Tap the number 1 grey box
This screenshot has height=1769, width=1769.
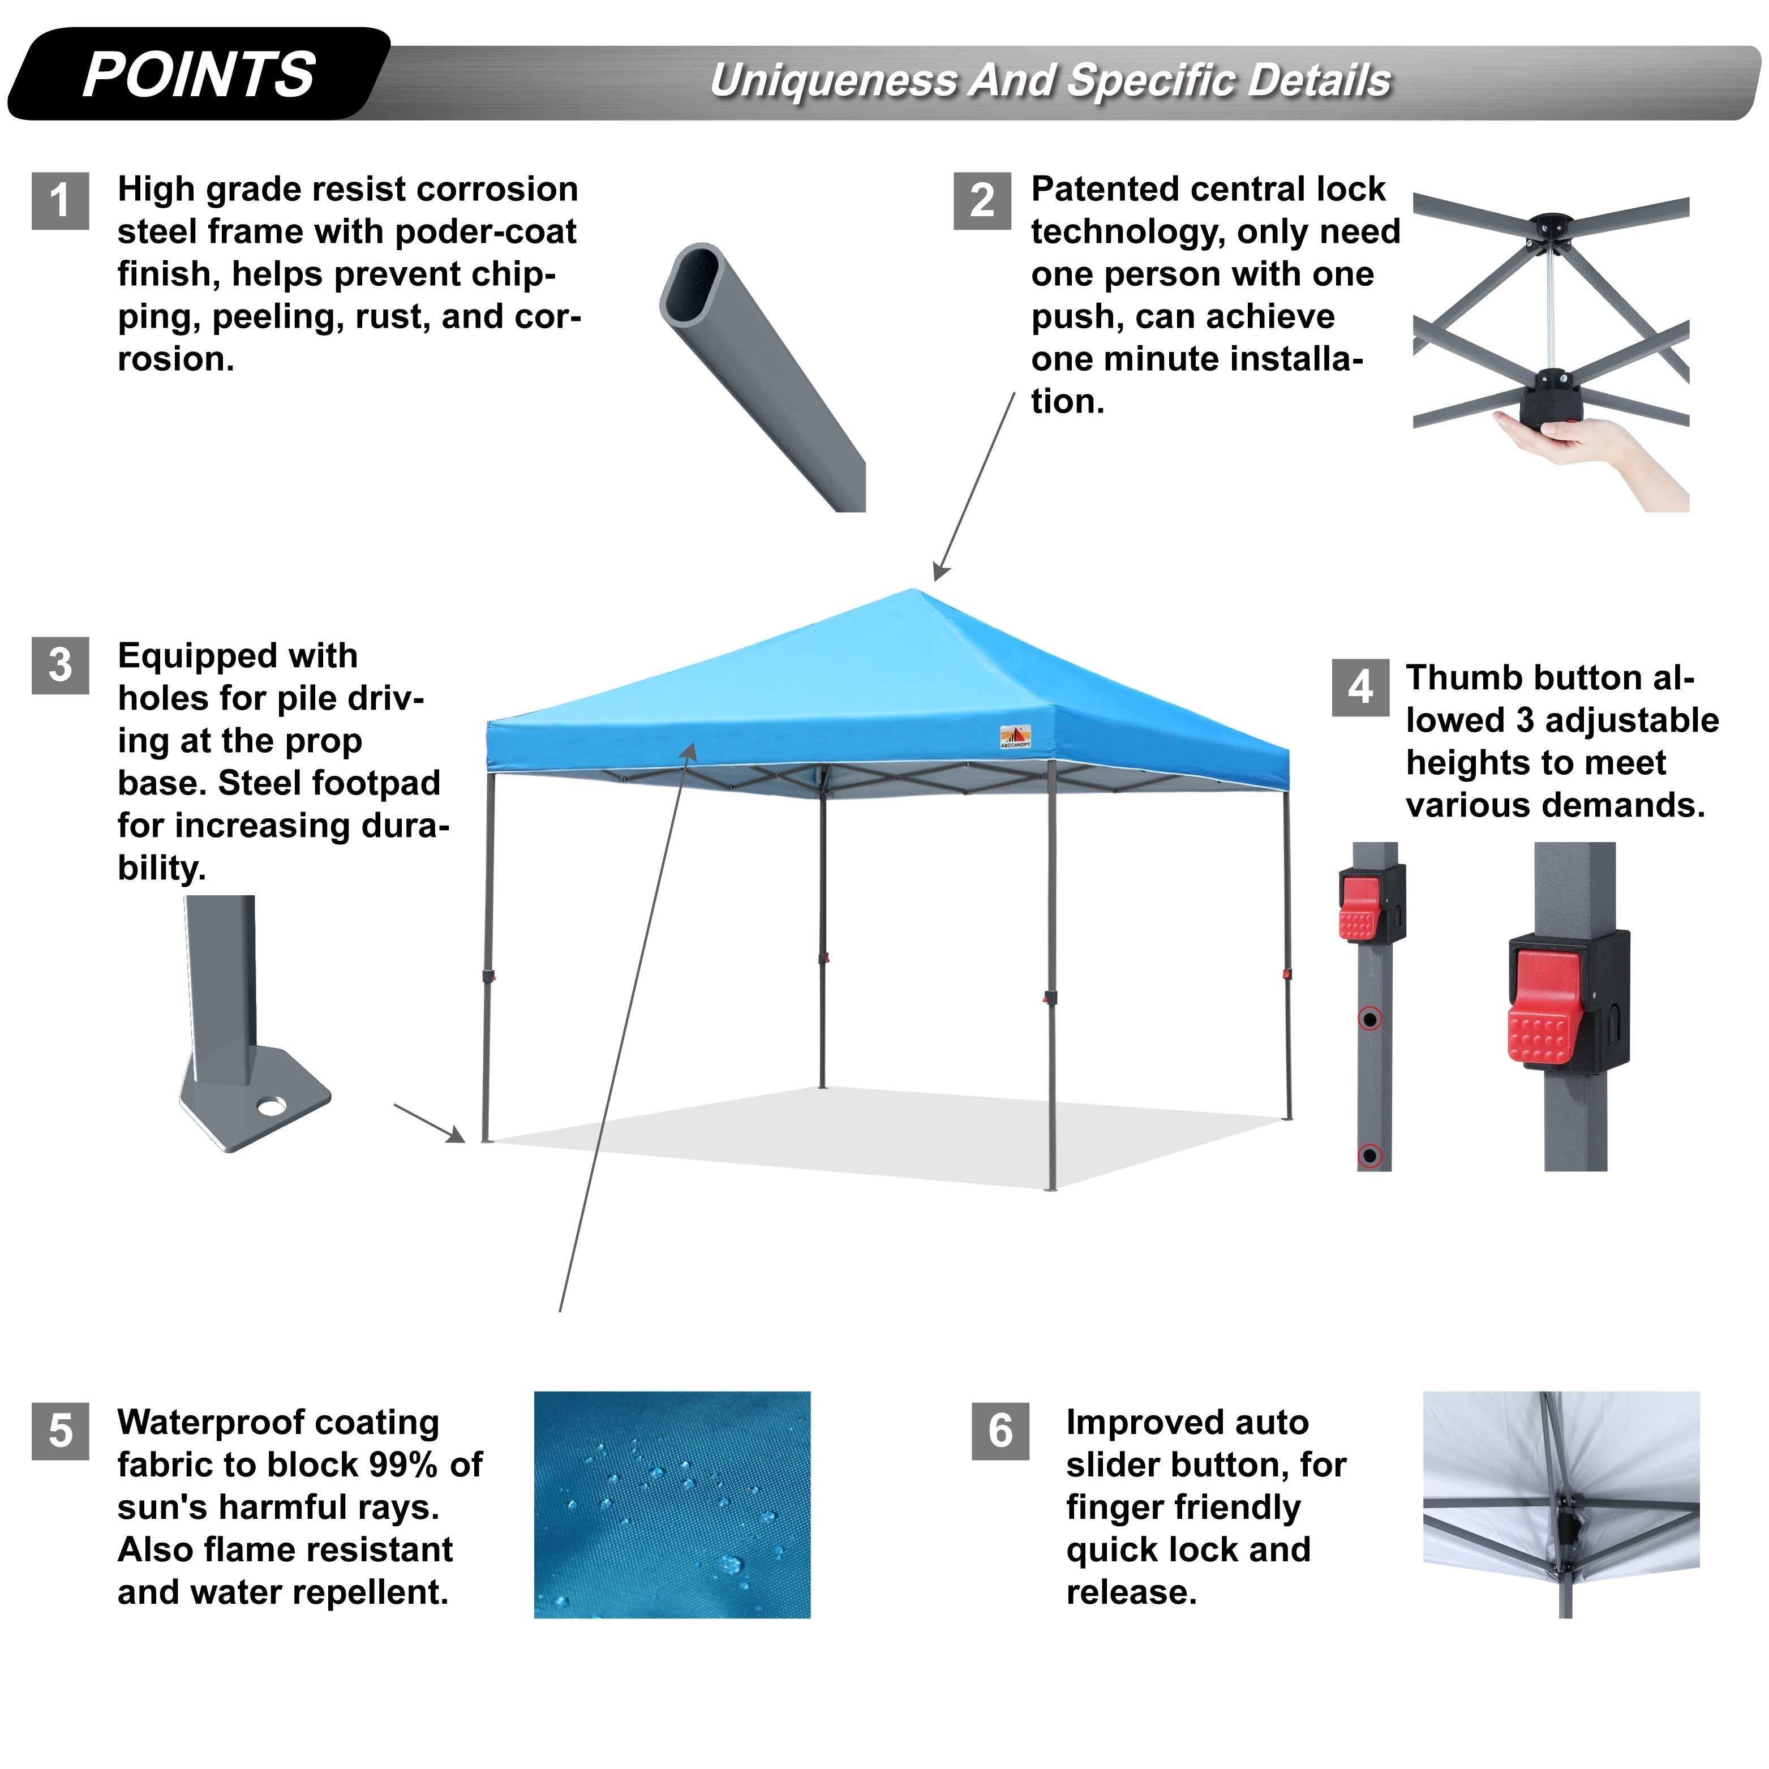coord(61,200)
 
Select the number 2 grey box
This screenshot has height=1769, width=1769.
coord(982,200)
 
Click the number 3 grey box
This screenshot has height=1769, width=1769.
coord(61,665)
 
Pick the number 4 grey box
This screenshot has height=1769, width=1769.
coord(1360,688)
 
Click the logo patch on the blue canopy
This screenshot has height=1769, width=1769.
coord(1015,737)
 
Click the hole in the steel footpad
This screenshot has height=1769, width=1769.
coord(271,1107)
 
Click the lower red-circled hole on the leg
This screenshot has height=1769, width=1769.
coord(1370,1156)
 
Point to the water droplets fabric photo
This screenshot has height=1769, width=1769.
coord(672,1506)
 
